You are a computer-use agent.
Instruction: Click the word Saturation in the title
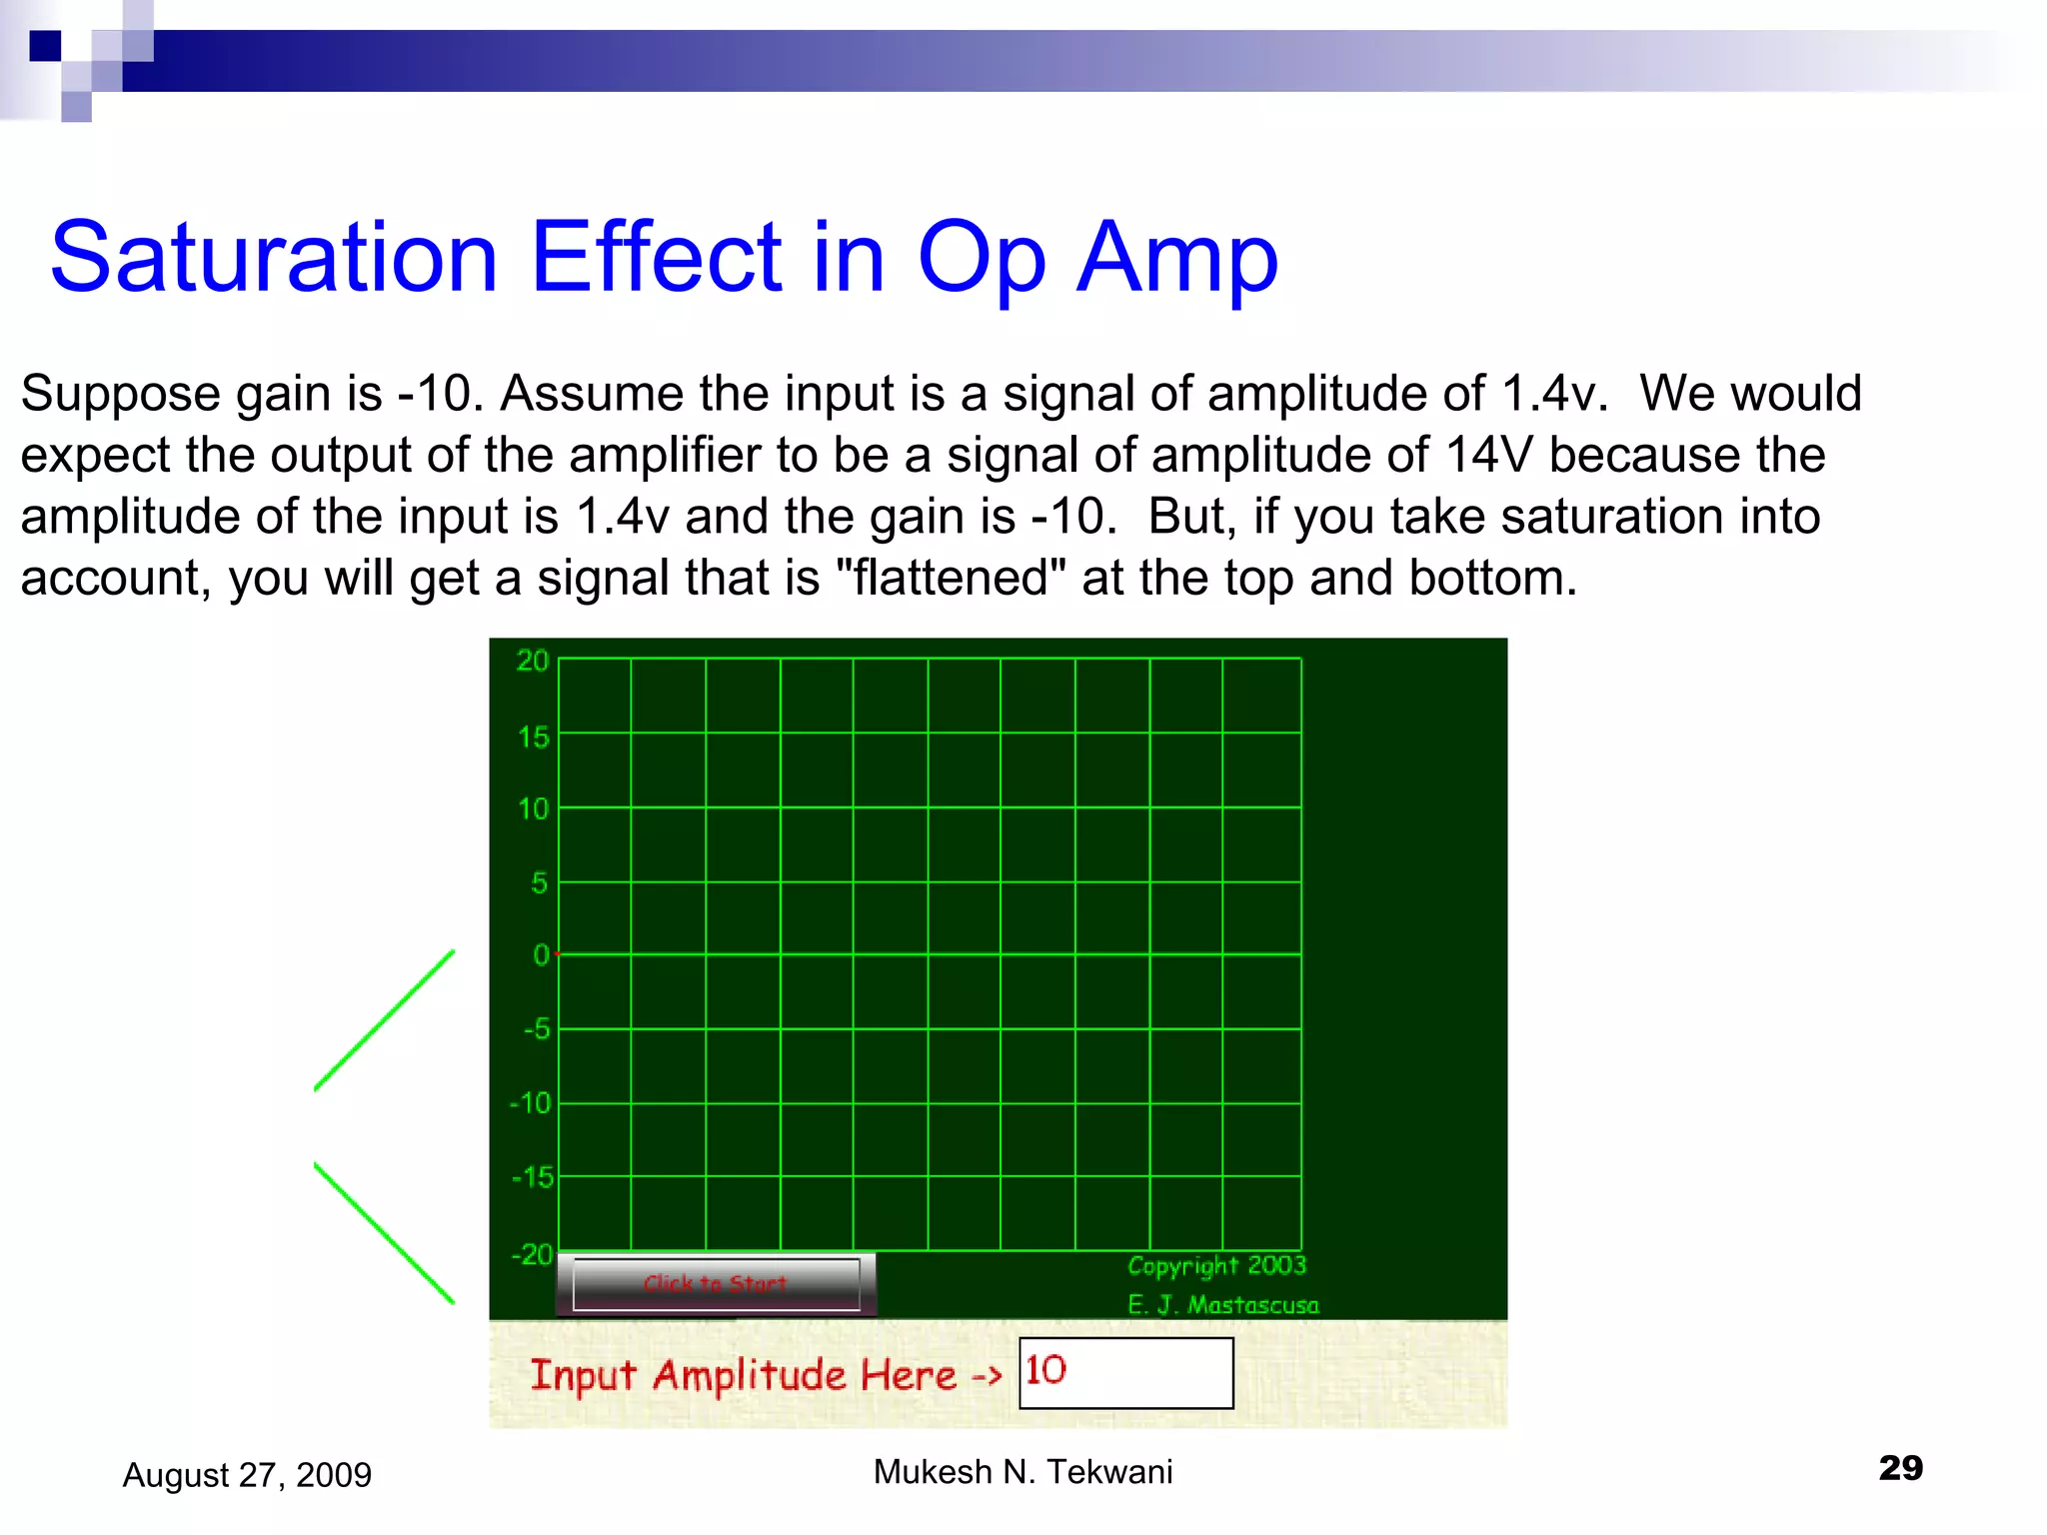click(274, 258)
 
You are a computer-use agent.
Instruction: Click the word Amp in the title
click(1176, 258)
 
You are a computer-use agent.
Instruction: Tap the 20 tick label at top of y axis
click(533, 661)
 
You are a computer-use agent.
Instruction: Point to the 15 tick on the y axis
click(534, 738)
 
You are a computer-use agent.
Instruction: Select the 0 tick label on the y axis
click(541, 954)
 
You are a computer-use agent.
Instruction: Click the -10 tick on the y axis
click(531, 1103)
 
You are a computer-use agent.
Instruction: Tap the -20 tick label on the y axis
click(531, 1253)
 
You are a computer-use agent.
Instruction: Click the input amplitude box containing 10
click(1125, 1373)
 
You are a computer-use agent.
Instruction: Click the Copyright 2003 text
click(1216, 1265)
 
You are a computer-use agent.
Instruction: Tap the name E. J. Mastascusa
click(1222, 1305)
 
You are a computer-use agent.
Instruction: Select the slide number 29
click(1900, 1468)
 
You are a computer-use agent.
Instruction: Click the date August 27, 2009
click(247, 1475)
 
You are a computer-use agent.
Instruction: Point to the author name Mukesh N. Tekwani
click(1023, 1472)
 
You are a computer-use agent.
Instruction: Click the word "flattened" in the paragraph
click(950, 578)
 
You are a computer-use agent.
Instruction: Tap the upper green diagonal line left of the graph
click(385, 1019)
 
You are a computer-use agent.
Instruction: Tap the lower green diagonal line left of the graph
click(385, 1233)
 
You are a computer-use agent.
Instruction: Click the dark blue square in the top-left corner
click(45, 46)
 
